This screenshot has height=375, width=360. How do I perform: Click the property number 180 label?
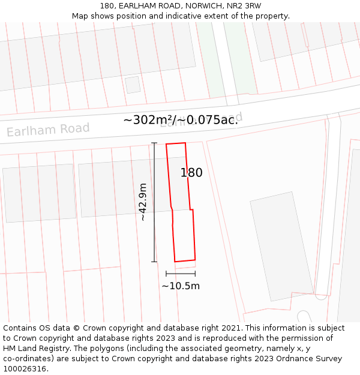[191, 173]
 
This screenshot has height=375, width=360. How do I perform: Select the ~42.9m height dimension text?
[143, 202]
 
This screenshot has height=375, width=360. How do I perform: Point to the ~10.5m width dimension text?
[181, 286]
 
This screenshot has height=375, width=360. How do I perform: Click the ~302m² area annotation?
[149, 120]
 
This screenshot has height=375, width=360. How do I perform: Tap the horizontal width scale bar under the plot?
[181, 274]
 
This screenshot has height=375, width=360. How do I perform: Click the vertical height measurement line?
[154, 202]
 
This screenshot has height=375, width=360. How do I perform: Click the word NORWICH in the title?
[203, 6]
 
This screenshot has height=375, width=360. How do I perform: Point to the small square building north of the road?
[133, 85]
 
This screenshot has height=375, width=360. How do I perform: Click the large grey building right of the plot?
[281, 246]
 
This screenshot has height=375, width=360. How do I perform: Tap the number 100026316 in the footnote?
[25, 369]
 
